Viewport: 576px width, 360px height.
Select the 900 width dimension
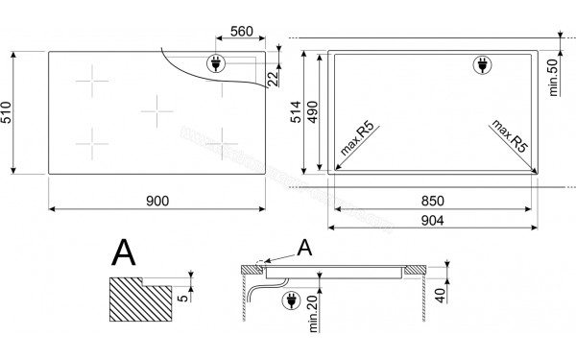pyautogui.click(x=158, y=200)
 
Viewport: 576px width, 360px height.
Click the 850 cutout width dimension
pyautogui.click(x=433, y=201)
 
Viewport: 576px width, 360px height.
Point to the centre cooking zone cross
pyautogui.click(x=156, y=112)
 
